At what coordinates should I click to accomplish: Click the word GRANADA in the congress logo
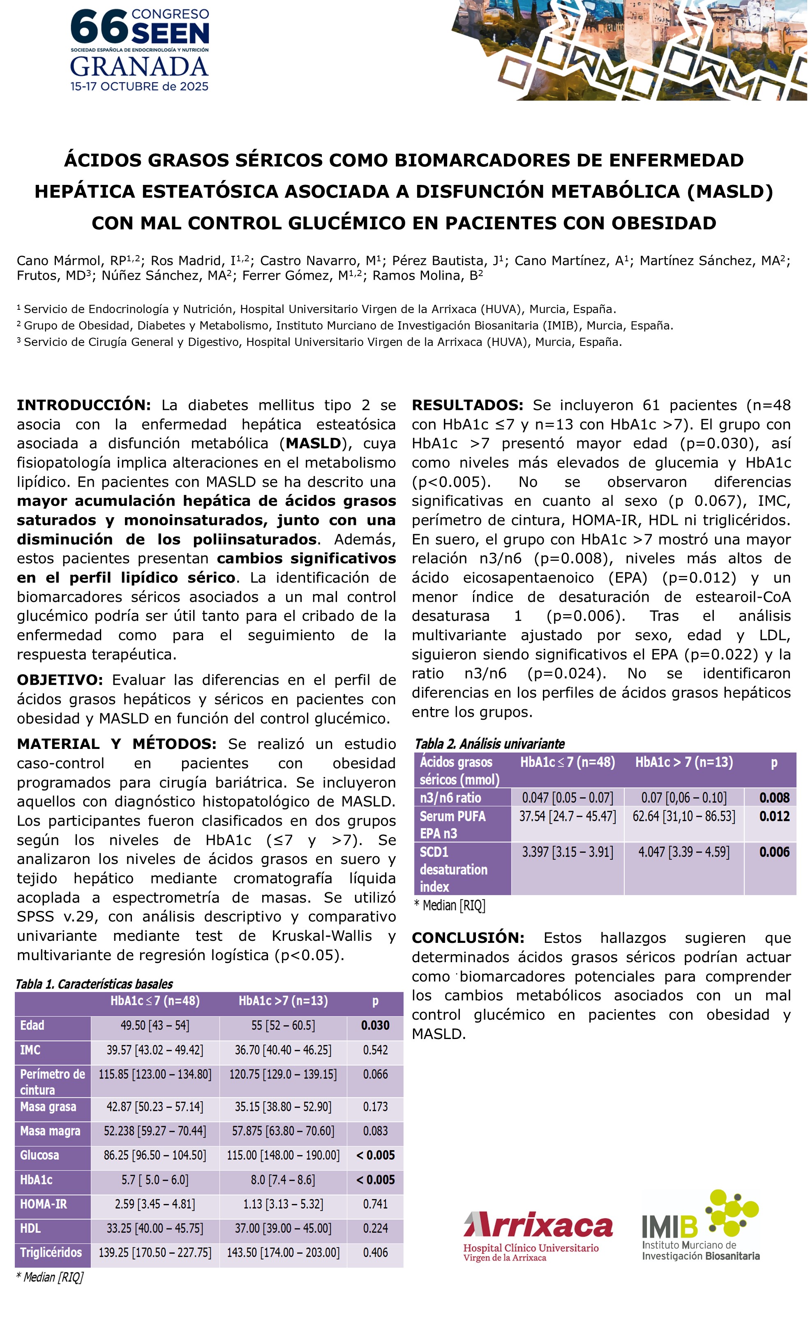139,67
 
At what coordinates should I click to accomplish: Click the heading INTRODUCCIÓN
83,405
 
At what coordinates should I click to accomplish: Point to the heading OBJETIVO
60,680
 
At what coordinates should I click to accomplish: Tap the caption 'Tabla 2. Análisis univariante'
489,744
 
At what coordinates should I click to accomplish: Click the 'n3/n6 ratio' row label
450,798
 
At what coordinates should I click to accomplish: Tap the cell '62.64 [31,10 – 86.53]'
684,816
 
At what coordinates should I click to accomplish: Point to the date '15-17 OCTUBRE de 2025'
139,86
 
